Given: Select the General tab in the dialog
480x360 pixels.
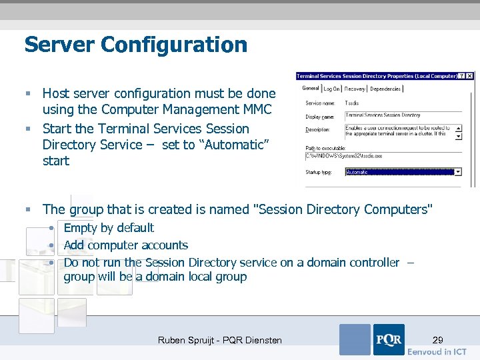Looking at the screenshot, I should [x=311, y=88].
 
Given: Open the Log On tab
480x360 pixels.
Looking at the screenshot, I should [x=332, y=89].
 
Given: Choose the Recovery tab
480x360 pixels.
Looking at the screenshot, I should [x=355, y=89].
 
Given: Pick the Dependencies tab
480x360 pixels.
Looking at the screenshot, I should [x=385, y=89].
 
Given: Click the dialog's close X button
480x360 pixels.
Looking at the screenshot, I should [x=470, y=76].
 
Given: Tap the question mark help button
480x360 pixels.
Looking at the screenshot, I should [x=463, y=76].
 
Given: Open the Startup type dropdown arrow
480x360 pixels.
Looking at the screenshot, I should [x=458, y=171].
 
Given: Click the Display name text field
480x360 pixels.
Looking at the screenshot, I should [x=400, y=115].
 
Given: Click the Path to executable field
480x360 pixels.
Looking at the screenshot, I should [x=380, y=156].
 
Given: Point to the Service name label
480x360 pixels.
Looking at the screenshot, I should [x=320, y=103].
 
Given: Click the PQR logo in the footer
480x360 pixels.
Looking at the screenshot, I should [x=389, y=339].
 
